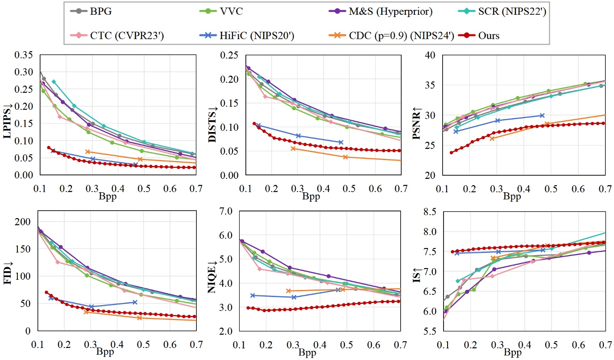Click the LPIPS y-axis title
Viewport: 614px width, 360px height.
point(8,116)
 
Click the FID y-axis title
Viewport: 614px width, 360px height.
point(8,277)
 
